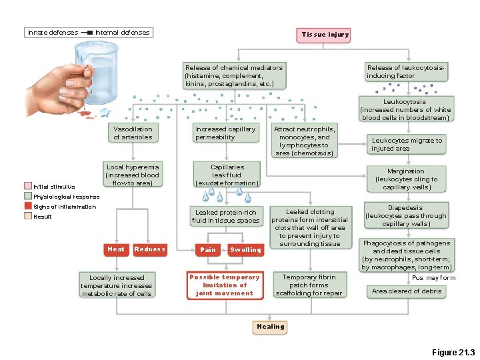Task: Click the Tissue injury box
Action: pyautogui.click(x=325, y=35)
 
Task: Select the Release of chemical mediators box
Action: pyautogui.click(x=233, y=76)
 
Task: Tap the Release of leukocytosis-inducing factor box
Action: pyautogui.click(x=405, y=72)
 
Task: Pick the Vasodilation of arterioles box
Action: pyautogui.click(x=133, y=133)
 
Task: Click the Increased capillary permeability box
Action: pyautogui.click(x=225, y=133)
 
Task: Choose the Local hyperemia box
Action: pyautogui.click(x=133, y=175)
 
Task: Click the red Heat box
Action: pyautogui.click(x=116, y=249)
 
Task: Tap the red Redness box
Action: pyautogui.click(x=149, y=249)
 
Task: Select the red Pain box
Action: pyautogui.click(x=208, y=250)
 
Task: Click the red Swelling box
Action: pyautogui.click(x=245, y=250)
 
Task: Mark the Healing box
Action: pyautogui.click(x=270, y=327)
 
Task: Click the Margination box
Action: pyautogui.click(x=406, y=179)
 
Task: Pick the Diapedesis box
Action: pyautogui.click(x=406, y=216)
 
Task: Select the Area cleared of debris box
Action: pyautogui.click(x=406, y=291)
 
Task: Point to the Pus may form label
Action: pyautogui.click(x=433, y=277)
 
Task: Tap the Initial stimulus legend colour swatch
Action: pyautogui.click(x=28, y=187)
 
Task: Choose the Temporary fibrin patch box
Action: pyautogui.click(x=309, y=285)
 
